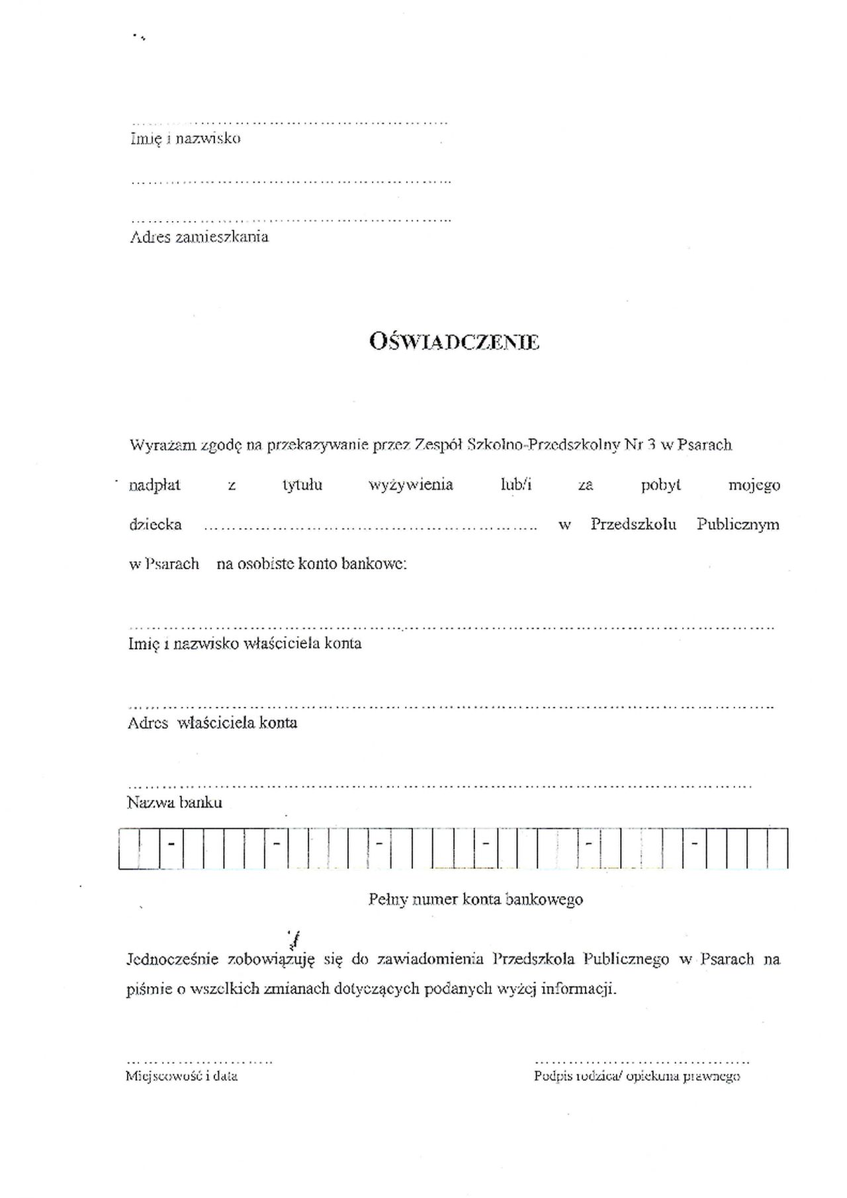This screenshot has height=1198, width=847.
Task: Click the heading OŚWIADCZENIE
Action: pyautogui.click(x=454, y=342)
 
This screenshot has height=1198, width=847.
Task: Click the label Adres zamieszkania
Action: pyautogui.click(x=199, y=237)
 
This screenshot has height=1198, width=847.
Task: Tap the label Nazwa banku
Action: pyautogui.click(x=174, y=803)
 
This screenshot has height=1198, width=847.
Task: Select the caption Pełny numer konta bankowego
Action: pyautogui.click(x=475, y=899)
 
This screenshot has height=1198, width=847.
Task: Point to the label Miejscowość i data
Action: pyautogui.click(x=181, y=1076)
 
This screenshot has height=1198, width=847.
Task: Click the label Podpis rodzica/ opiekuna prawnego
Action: pyautogui.click(x=637, y=1076)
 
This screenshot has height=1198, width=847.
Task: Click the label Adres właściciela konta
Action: pyautogui.click(x=212, y=723)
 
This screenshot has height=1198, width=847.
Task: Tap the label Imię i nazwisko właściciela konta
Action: pyautogui.click(x=245, y=643)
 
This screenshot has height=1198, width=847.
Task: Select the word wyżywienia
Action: pyautogui.click(x=410, y=485)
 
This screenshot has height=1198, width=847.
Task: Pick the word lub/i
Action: pyautogui.click(x=516, y=485)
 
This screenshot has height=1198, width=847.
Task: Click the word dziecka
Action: pyautogui.click(x=155, y=525)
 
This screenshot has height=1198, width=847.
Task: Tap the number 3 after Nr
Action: pyautogui.click(x=651, y=445)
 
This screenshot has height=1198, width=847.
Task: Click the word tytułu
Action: pyautogui.click(x=302, y=485)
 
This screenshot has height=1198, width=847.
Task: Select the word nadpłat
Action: pyautogui.click(x=154, y=485)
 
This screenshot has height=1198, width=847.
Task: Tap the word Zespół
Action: pyautogui.click(x=437, y=445)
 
